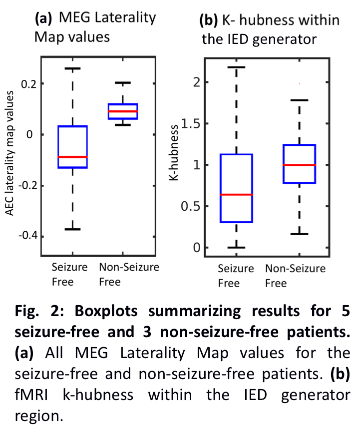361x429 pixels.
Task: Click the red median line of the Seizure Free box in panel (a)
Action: tap(73, 157)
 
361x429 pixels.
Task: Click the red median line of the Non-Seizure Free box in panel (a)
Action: tap(123, 111)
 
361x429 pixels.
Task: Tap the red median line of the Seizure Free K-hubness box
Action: tap(237, 194)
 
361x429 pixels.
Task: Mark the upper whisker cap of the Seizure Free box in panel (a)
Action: tap(73, 68)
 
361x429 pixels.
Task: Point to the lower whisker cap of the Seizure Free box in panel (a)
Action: tap(73, 229)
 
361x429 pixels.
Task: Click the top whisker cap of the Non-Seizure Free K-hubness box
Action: tap(299, 100)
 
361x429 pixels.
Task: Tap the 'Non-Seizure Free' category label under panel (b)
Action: tap(295, 276)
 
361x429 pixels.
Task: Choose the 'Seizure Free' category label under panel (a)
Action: tap(69, 274)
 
